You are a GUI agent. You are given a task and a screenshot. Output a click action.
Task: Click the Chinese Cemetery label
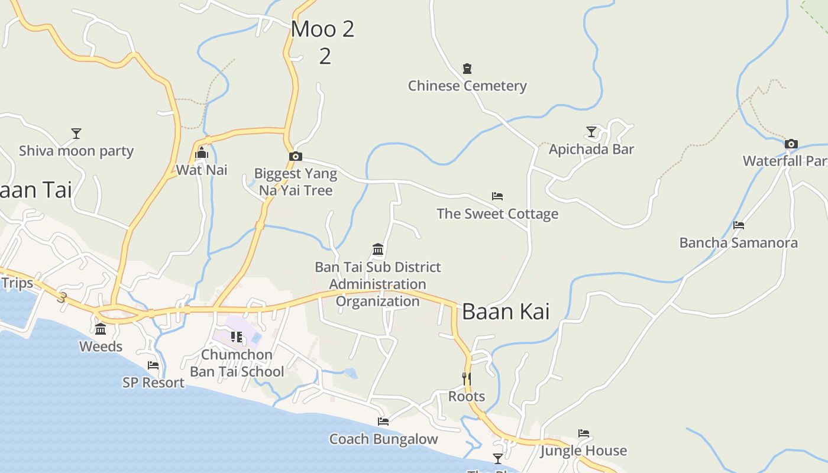coord(467,86)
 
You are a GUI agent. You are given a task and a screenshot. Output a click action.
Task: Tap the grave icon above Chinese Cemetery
coord(467,69)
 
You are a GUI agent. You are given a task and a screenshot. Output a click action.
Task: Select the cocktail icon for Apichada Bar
coord(591,131)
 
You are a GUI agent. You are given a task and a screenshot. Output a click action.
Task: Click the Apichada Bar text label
coord(591,149)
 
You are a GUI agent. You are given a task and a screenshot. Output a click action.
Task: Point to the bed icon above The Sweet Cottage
coord(497,196)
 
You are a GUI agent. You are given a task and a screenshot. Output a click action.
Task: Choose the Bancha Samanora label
coord(738,242)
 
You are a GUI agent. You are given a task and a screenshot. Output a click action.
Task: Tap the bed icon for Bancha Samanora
coord(738,225)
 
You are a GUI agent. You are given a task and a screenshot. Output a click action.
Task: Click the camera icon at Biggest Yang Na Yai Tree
coord(296,157)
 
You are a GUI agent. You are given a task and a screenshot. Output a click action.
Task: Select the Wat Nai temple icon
coord(202,154)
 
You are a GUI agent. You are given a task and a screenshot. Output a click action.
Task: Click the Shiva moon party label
coord(76,151)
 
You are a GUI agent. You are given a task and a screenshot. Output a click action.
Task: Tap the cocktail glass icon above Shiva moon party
coord(76,134)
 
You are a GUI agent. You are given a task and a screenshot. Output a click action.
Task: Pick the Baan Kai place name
coord(506,312)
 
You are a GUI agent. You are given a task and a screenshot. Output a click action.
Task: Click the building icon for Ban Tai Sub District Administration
coord(378,249)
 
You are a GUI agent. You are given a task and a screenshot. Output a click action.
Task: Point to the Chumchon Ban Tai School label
coord(237,363)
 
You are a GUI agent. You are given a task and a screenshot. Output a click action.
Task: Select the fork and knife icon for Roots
coord(467,378)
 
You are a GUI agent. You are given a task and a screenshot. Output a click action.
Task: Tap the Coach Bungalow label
coord(383,439)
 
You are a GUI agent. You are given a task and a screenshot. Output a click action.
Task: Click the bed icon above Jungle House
coord(584,433)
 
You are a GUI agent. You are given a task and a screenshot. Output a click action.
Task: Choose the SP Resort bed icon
coord(153,365)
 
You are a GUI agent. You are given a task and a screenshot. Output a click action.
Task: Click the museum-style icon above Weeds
coord(101,329)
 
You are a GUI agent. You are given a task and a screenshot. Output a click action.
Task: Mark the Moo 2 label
coord(323,29)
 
